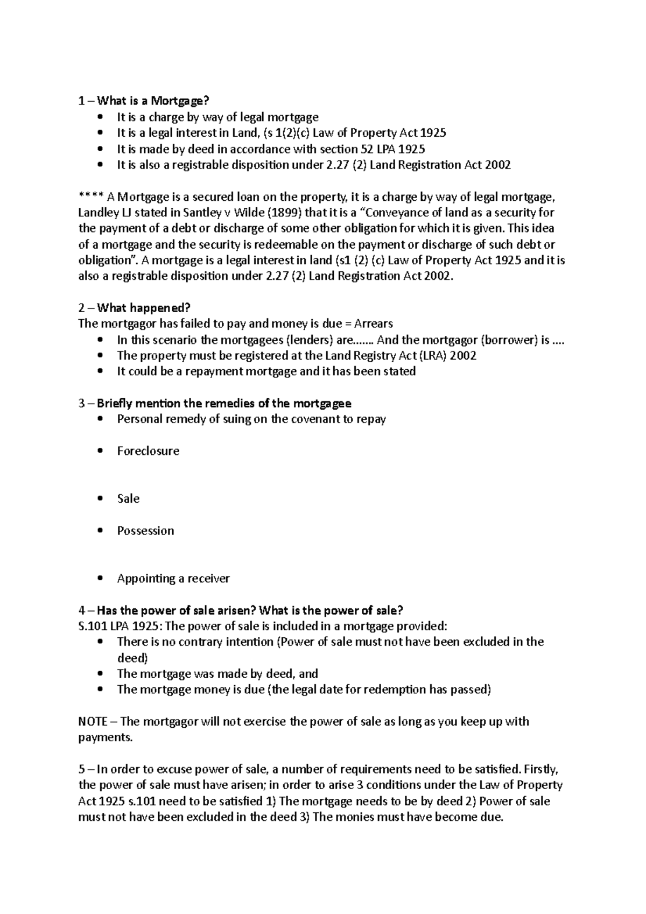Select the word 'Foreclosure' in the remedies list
tap(148, 451)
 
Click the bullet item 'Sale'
tap(128, 498)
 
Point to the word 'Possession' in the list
tap(145, 530)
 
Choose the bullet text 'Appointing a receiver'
tap(173, 578)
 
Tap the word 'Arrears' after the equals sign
tap(373, 324)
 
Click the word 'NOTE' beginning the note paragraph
tap(93, 721)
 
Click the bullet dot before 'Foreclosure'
tap(100, 451)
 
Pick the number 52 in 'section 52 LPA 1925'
tap(359, 149)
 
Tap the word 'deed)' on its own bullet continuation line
tap(132, 658)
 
